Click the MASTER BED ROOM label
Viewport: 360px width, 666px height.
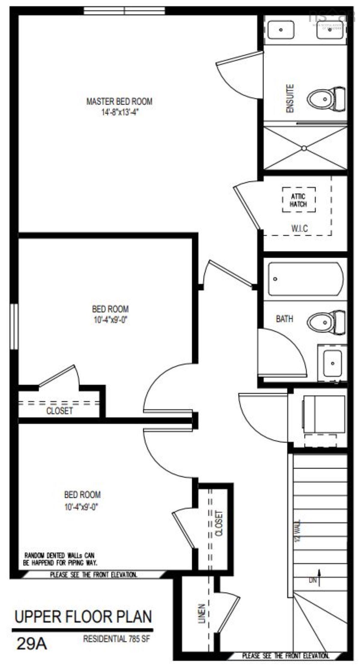[119, 101]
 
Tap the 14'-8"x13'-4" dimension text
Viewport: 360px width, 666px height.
[120, 113]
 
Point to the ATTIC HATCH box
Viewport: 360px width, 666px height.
[298, 200]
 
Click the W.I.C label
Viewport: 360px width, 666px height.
[299, 228]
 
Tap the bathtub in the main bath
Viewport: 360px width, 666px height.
[305, 279]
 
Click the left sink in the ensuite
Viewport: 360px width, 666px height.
[281, 30]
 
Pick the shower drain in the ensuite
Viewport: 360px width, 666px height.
[304, 148]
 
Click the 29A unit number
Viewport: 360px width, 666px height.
[32, 643]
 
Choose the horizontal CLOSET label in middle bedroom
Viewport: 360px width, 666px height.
[59, 411]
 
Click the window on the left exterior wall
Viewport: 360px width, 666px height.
[14, 327]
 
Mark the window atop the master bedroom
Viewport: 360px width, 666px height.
[124, 10]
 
